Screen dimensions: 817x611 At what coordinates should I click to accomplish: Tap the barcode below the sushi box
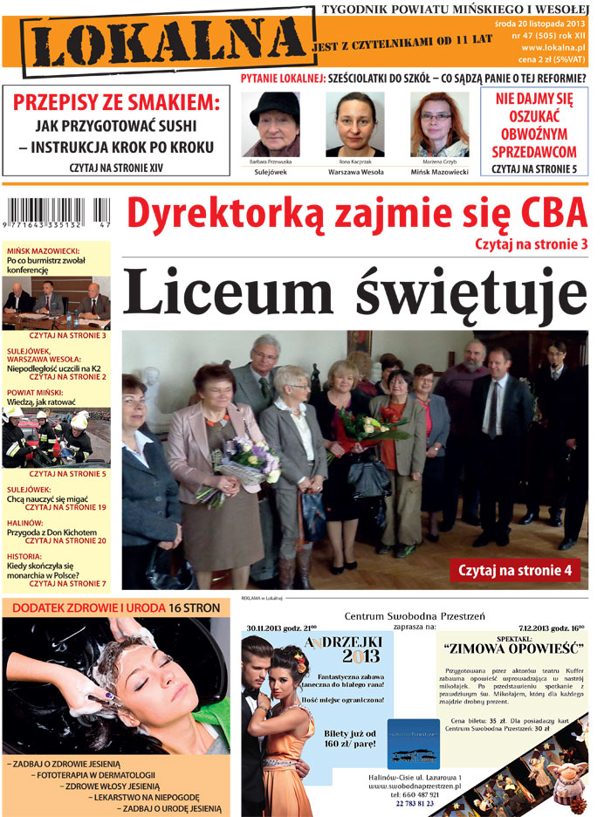(58, 215)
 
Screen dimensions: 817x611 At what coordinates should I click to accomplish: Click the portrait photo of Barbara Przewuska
(275, 124)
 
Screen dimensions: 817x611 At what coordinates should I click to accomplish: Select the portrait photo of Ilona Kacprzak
(354, 124)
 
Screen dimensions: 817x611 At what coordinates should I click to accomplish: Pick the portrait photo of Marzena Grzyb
(439, 124)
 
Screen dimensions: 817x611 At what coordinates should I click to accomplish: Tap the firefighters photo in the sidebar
(58, 437)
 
